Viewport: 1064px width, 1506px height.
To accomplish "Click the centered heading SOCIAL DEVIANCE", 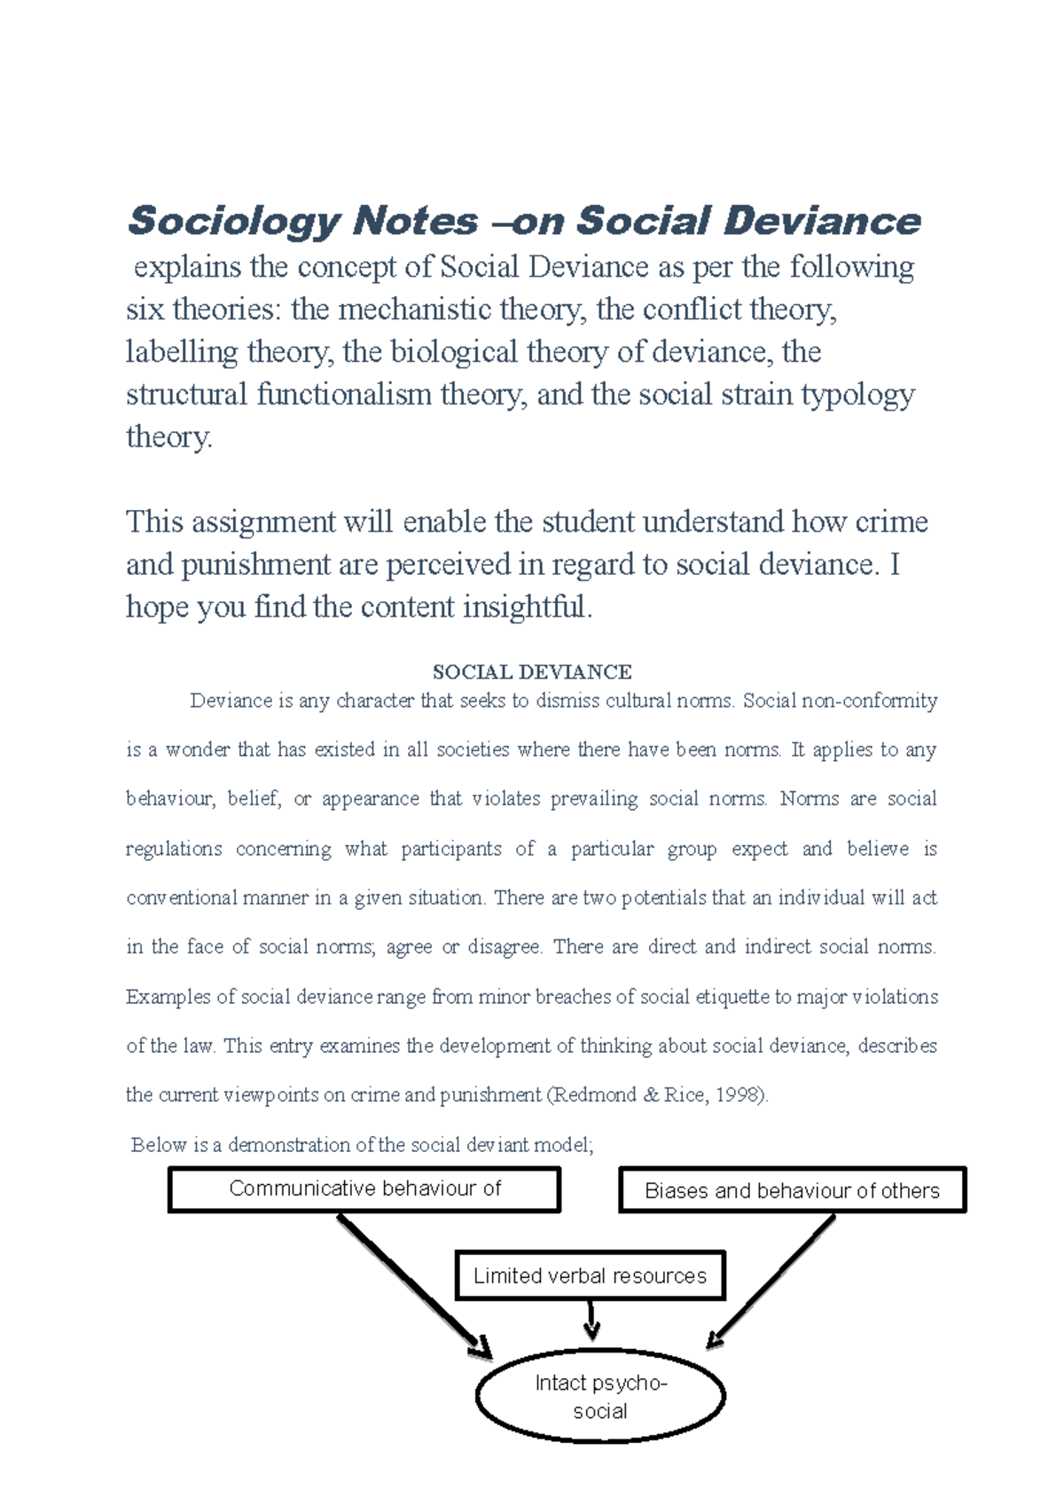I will point(531,672).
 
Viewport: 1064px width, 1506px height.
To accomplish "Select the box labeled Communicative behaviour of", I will point(364,1189).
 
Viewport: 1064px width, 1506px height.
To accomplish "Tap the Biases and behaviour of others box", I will point(792,1191).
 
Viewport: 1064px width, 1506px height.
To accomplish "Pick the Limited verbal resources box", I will point(590,1276).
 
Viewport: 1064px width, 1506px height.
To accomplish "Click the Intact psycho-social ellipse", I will point(600,1397).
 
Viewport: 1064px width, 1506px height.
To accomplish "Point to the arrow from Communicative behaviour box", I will point(411,1286).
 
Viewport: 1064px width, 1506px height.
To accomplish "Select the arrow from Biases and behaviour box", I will point(772,1282).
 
